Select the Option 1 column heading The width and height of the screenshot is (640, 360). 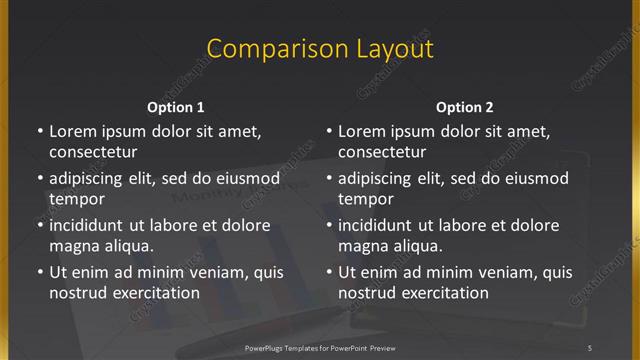click(x=176, y=107)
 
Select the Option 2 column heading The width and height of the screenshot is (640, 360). click(x=465, y=107)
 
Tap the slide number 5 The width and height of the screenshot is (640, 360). click(x=590, y=347)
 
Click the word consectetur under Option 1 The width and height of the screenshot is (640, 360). click(x=93, y=152)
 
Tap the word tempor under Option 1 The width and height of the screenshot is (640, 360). click(x=77, y=199)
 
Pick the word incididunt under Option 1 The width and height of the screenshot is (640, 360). click(x=91, y=225)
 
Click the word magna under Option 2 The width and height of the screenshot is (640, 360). click(x=361, y=246)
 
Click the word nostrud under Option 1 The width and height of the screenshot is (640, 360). click(x=77, y=293)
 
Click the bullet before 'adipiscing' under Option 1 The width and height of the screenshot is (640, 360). click(x=39, y=178)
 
